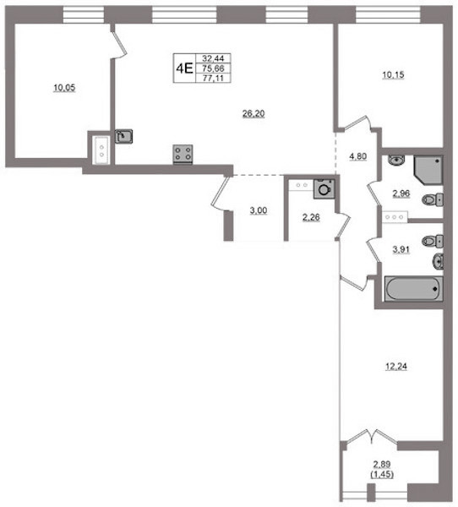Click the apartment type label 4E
(x=184, y=68)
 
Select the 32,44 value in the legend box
(x=213, y=58)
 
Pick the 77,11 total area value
(x=213, y=78)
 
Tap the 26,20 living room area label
(x=254, y=113)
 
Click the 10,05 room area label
(x=64, y=87)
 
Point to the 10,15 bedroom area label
(x=393, y=74)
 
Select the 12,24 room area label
(x=396, y=367)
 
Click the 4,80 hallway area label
(x=358, y=156)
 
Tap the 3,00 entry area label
(x=259, y=210)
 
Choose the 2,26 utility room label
(x=311, y=217)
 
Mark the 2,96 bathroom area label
(x=401, y=194)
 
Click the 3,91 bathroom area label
(x=401, y=249)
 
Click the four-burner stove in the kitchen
(x=183, y=154)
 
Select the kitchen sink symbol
(x=124, y=136)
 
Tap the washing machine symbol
(x=324, y=188)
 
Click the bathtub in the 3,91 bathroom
(x=413, y=289)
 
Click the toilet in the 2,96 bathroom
(x=433, y=199)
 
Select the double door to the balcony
(x=372, y=437)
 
